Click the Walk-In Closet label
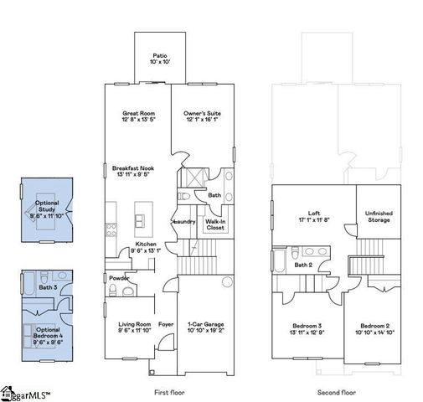coord(215,224)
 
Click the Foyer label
coord(166,324)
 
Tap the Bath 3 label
coord(47,287)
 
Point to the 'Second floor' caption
coord(337,391)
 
